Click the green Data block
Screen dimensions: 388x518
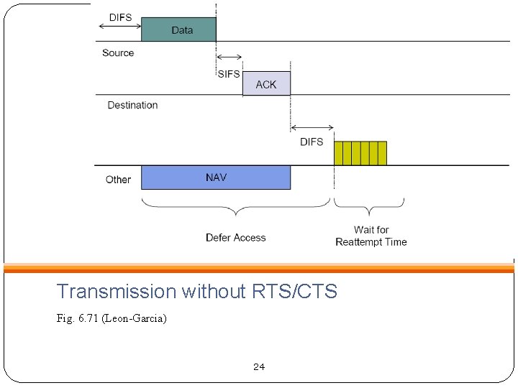pyautogui.click(x=178, y=29)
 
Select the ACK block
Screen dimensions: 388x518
pyautogui.click(x=266, y=84)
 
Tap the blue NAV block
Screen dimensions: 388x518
pyautogui.click(x=216, y=177)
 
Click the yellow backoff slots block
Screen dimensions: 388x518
pyautogui.click(x=360, y=153)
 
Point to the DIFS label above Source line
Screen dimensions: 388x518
pyautogui.click(x=120, y=17)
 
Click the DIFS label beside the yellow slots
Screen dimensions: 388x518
pyautogui.click(x=312, y=142)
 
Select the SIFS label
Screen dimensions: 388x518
pyautogui.click(x=228, y=74)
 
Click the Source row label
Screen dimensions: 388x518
pyautogui.click(x=118, y=52)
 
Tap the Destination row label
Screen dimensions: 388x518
pyautogui.click(x=132, y=105)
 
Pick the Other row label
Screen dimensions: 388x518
pyautogui.click(x=118, y=180)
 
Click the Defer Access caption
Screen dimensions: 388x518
pyautogui.click(x=235, y=237)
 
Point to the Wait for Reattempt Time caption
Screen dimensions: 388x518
pyautogui.click(x=371, y=236)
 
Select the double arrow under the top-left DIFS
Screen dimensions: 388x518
pyautogui.click(x=119, y=27)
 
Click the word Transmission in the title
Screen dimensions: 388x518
pyautogui.click(x=116, y=291)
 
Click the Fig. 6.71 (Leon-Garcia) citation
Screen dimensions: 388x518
pyautogui.click(x=111, y=318)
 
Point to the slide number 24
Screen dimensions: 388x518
pyautogui.click(x=259, y=366)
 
